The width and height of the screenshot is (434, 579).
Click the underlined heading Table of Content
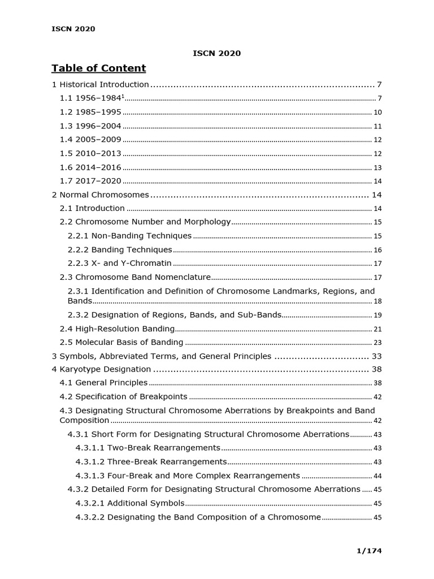click(x=98, y=68)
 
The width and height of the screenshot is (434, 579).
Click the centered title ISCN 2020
click(x=217, y=53)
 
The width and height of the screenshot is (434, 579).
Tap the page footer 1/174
click(x=370, y=550)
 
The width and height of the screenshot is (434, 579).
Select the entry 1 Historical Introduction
click(x=100, y=85)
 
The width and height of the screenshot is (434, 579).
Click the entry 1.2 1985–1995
click(x=90, y=112)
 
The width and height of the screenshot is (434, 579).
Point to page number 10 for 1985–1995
click(x=377, y=113)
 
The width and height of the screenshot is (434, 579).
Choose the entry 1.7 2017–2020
click(x=90, y=181)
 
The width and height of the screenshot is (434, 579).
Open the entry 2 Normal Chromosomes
click(x=100, y=195)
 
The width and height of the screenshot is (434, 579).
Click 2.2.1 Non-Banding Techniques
click(x=129, y=236)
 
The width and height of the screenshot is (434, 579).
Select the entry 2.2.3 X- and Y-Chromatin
click(x=119, y=263)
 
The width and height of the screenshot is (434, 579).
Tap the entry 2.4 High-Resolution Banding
click(x=117, y=329)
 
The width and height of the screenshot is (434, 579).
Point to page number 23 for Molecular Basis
click(x=377, y=343)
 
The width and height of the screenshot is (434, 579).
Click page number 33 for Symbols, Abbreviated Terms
click(x=377, y=357)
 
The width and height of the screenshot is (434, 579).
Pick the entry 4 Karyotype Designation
click(x=101, y=370)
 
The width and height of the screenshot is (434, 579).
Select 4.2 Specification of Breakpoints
click(x=124, y=397)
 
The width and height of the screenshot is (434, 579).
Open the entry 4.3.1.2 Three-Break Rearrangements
click(x=151, y=461)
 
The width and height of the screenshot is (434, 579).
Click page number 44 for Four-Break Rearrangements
click(x=377, y=476)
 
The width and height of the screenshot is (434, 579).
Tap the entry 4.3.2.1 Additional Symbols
click(x=130, y=503)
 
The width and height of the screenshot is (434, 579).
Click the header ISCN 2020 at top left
click(x=73, y=29)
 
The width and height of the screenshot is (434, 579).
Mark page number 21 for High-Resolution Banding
click(x=377, y=329)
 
